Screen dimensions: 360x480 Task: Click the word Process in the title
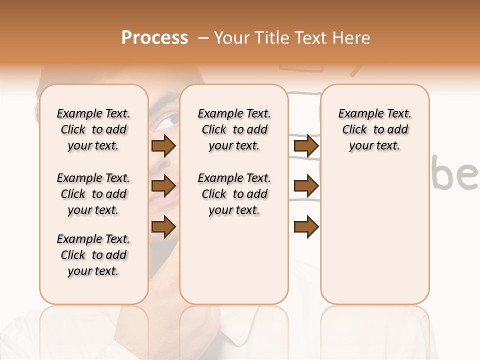coord(154,38)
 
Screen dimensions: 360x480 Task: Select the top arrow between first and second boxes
coord(163,146)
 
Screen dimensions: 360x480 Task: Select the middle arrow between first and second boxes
coord(163,186)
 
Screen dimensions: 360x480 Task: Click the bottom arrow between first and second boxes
coord(163,227)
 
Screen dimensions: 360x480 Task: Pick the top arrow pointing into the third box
coord(306,146)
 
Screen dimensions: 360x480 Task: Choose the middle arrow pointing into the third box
coord(306,186)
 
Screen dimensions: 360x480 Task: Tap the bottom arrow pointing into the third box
coord(306,227)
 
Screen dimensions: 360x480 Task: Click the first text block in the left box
coord(93,129)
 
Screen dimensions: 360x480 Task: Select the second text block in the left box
coord(93,194)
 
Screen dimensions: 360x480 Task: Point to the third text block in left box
coord(93,255)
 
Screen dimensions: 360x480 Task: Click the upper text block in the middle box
coord(234,129)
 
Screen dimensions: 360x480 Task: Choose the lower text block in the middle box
coord(234,194)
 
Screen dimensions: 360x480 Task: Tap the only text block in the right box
coord(374,129)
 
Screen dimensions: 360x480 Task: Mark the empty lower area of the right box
coord(374,235)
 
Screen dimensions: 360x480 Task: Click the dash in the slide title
coord(202,38)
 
